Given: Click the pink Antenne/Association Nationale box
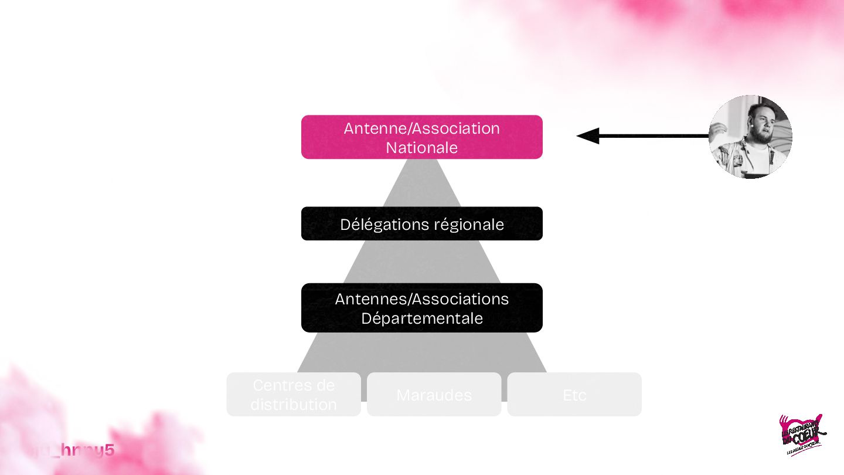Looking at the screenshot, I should click(x=422, y=137).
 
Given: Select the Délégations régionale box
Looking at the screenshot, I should click(x=422, y=223).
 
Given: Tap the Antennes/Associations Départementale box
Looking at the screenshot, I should click(x=422, y=308).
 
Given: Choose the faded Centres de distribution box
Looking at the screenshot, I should click(x=293, y=395).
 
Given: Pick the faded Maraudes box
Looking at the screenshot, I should click(x=434, y=395).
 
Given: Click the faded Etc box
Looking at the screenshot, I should click(x=574, y=395).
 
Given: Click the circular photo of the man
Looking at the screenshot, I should click(x=750, y=137).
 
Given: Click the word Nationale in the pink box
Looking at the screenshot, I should click(x=422, y=148).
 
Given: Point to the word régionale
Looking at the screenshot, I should click(x=469, y=225).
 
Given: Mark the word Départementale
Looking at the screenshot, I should click(x=422, y=318).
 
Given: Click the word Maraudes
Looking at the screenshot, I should click(x=434, y=395).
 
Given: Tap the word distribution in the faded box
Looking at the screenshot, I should click(x=293, y=405).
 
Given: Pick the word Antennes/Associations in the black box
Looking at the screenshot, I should click(x=422, y=299).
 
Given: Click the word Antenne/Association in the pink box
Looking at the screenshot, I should click(x=422, y=128).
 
